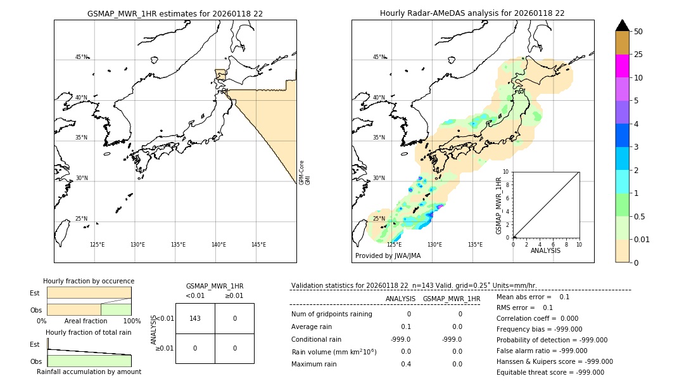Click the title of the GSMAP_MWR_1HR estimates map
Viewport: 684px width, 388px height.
pyautogui.click(x=175, y=13)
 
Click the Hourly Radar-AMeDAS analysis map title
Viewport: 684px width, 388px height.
pyautogui.click(x=472, y=13)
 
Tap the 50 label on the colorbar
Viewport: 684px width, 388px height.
pyautogui.click(x=638, y=31)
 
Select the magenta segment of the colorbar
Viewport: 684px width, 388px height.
pyautogui.click(x=622, y=66)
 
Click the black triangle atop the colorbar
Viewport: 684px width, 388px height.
pyautogui.click(x=622, y=25)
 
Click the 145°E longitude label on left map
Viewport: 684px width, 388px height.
pyautogui.click(x=258, y=245)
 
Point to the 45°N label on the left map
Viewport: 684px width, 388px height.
pyautogui.click(x=82, y=57)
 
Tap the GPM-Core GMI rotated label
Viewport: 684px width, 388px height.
pyautogui.click(x=305, y=172)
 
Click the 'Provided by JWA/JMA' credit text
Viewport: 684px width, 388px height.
pyautogui.click(x=388, y=255)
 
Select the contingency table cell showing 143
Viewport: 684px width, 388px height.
pyautogui.click(x=195, y=318)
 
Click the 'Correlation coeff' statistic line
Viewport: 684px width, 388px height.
pyautogui.click(x=533, y=318)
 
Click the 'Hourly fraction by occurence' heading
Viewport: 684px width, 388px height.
pyautogui.click(x=89, y=281)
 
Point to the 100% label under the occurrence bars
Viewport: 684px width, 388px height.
pyautogui.click(x=132, y=321)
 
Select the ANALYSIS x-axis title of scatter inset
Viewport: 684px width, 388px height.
pyautogui.click(x=545, y=250)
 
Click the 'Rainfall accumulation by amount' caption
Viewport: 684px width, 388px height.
pyautogui.click(x=89, y=372)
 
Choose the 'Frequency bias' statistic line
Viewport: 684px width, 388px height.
pyautogui.click(x=539, y=329)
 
